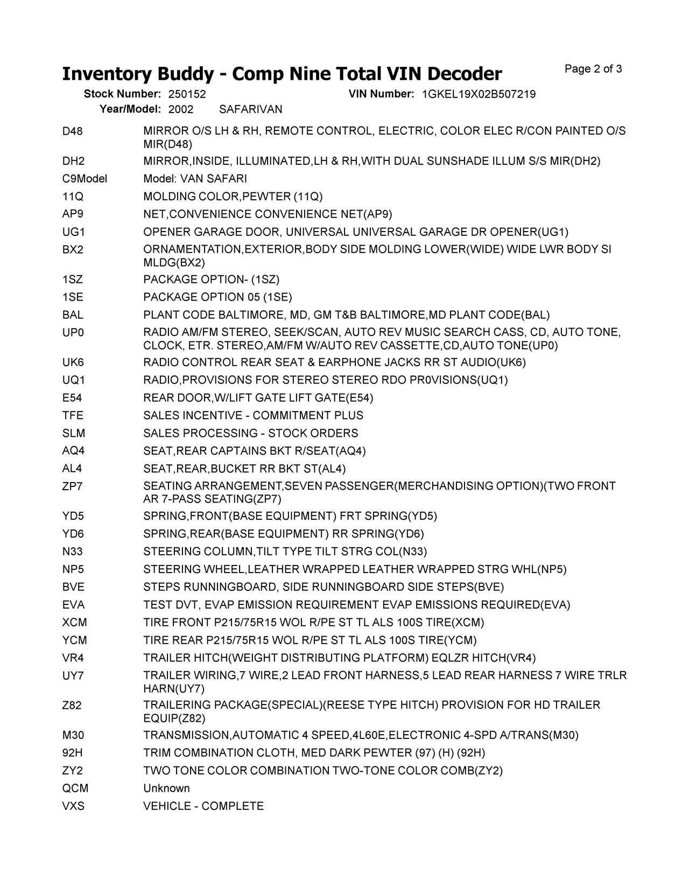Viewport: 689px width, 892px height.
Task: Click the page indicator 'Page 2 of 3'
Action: pos(593,69)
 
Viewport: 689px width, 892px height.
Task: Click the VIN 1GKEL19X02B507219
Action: pos(479,94)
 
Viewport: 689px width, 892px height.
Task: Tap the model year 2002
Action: pos(181,109)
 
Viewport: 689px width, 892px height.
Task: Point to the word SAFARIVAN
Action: pos(251,109)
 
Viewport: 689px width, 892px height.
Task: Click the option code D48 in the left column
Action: pos(72,131)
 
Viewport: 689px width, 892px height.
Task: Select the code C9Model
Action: pos(85,179)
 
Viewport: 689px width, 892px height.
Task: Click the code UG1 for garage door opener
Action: pos(74,232)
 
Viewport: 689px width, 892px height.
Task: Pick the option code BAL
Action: pos(73,315)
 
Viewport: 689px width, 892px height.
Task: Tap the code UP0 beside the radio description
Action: pos(73,333)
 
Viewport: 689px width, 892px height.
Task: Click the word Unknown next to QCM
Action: pos(166,789)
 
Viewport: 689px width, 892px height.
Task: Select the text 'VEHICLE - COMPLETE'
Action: pos(203,806)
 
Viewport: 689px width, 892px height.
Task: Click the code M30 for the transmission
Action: pos(73,735)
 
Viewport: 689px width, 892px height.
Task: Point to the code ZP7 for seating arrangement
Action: pos(73,486)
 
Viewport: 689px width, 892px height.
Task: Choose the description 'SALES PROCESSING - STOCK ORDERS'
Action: pos(250,434)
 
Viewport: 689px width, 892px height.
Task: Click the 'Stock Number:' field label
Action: pos(122,94)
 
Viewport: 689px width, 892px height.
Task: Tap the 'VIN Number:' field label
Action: pos(381,94)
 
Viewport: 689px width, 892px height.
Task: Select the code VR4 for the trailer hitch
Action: pos(73,658)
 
